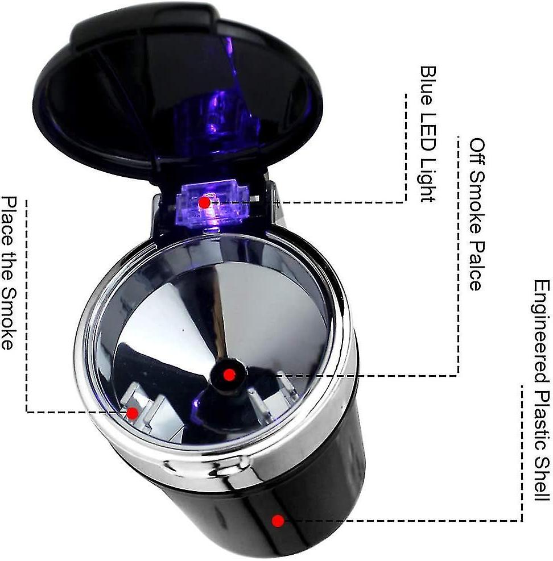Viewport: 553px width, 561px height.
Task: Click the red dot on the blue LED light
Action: coord(204,203)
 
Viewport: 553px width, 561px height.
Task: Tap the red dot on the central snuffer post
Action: coord(229,375)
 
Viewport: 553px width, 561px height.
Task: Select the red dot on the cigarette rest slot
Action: coord(133,414)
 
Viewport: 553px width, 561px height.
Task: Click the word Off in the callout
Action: coord(478,151)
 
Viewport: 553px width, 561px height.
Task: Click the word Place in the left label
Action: coord(9,221)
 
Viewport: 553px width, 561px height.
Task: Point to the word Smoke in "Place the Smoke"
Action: coord(9,319)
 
